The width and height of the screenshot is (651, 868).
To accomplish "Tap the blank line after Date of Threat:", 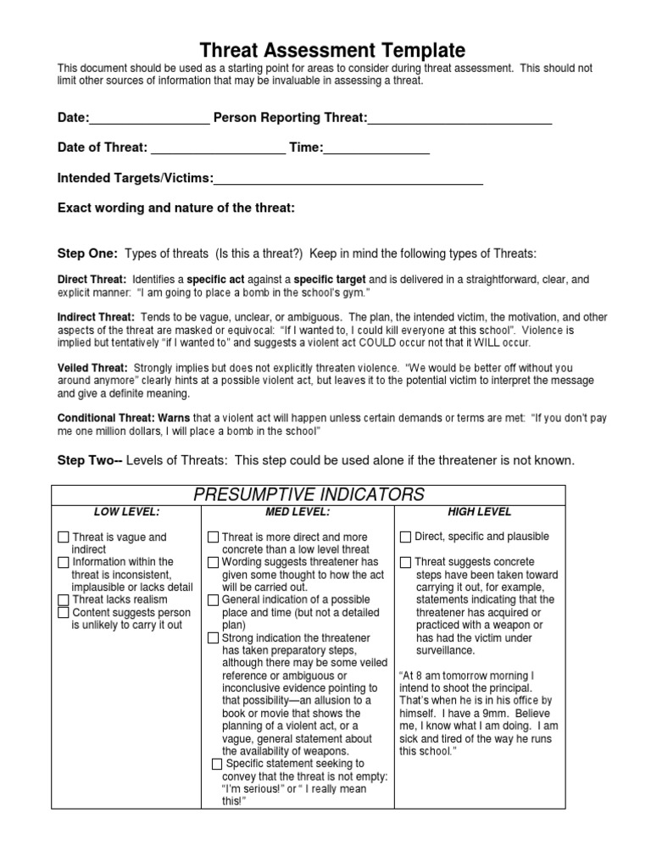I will [x=218, y=153].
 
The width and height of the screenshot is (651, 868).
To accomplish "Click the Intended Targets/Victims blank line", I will [x=348, y=182].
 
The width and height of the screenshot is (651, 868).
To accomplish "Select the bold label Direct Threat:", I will [x=92, y=279].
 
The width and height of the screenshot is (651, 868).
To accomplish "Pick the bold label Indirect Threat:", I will [x=97, y=317].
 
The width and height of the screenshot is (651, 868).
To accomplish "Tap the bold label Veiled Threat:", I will [x=92, y=368].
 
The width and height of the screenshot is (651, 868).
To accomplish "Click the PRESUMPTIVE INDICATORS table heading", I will [x=308, y=494].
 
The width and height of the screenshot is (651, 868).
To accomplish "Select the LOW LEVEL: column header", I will [x=126, y=512].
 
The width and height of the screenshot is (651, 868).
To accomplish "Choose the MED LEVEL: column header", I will [x=297, y=512].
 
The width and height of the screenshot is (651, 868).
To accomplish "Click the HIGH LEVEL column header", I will [x=480, y=512].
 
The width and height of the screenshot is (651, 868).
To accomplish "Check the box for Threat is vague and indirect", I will [x=64, y=537].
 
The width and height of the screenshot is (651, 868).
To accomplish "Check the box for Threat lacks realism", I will [x=64, y=599].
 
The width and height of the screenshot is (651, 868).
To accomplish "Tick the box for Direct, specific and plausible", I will [x=406, y=537].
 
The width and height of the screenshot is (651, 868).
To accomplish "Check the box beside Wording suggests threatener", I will [x=214, y=562].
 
